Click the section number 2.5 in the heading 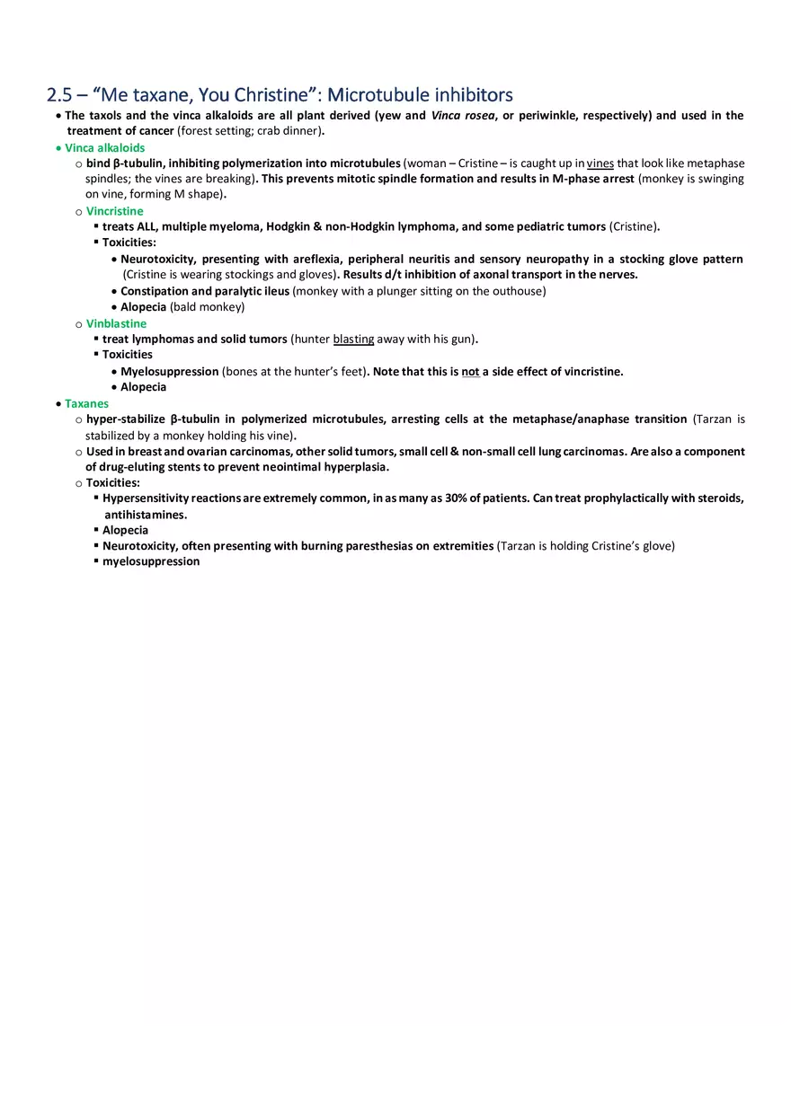point(61,94)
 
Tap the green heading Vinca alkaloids point(104,147)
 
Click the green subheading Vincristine point(114,211)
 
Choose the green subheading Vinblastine point(116,323)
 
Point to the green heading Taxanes point(86,403)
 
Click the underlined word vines point(600,163)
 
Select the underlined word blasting point(353,339)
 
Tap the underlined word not point(470,371)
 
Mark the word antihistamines point(145,515)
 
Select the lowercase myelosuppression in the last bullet point(151,561)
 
